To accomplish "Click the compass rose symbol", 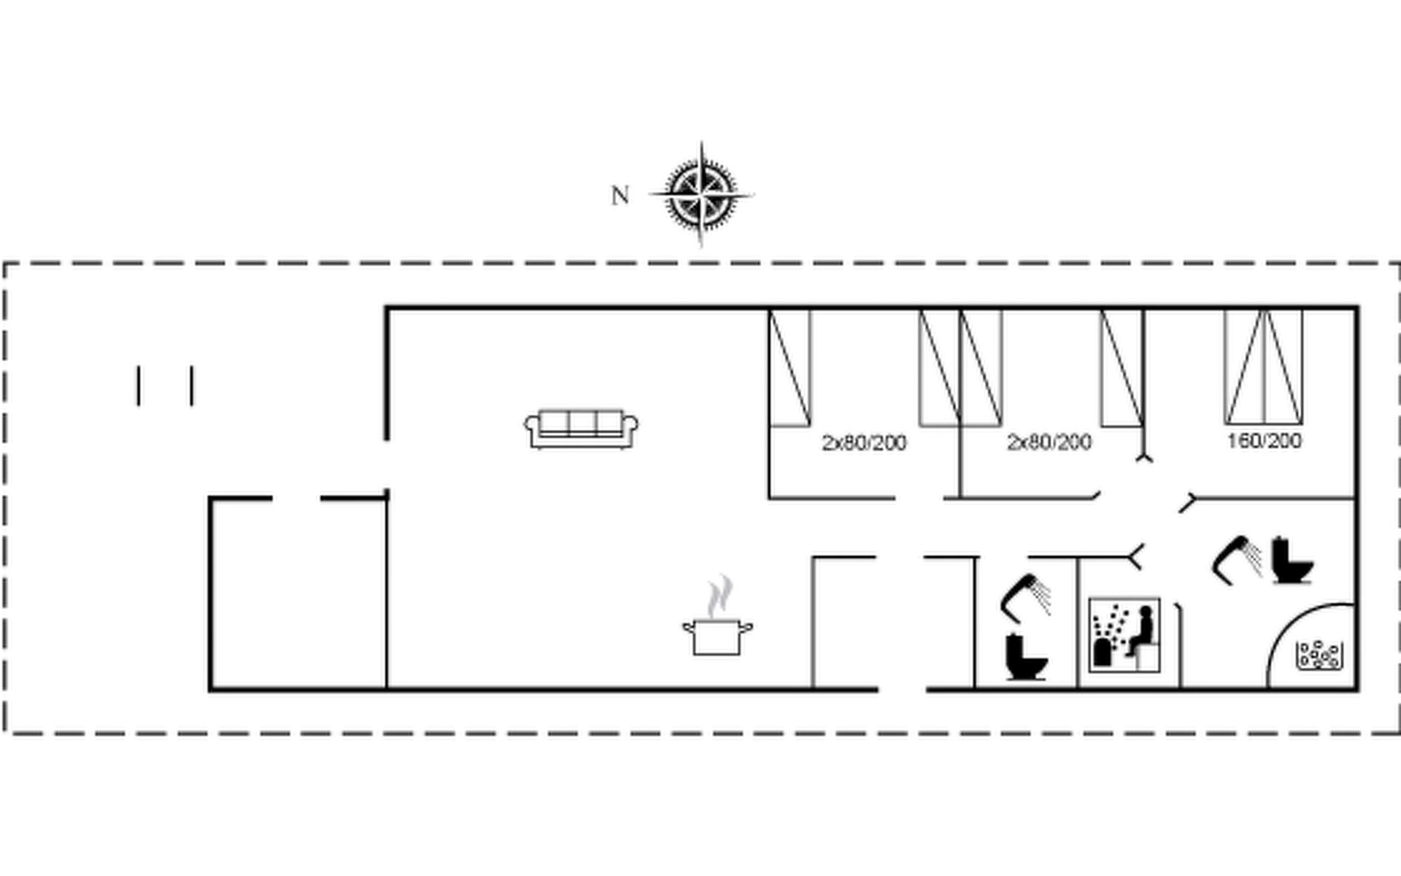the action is pos(701,195).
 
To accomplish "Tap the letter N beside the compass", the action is pos(620,196).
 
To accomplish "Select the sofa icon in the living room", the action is pos(582,429).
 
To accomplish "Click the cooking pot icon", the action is pos(718,637).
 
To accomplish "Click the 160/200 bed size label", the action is pos(1264,441).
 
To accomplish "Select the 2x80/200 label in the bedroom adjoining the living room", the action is pos(864,442).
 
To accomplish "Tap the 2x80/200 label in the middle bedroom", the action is pos(1049,442).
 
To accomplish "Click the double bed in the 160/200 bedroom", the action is pos(1264,366).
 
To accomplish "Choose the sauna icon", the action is pos(1124,634).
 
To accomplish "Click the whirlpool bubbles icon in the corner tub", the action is pos(1319,655).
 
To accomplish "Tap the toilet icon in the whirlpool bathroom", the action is pos(1293,561).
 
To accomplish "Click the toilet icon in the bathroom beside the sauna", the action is pos(1026,656).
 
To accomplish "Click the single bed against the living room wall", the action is pos(790,367).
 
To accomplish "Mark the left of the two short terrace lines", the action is pos(138,385).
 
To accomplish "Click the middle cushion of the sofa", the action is pos(582,423).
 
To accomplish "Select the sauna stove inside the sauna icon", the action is pos(1102,652).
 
